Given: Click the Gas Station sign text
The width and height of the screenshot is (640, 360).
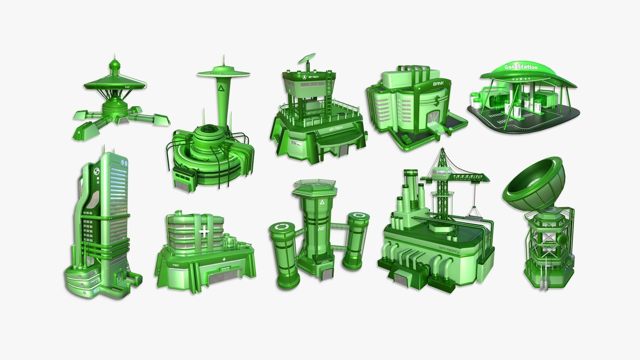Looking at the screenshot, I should pos(521,67).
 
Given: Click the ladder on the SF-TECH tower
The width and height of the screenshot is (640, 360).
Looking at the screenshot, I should pos(329,90).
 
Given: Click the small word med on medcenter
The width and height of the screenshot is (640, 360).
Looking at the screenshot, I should pos(176,265).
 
